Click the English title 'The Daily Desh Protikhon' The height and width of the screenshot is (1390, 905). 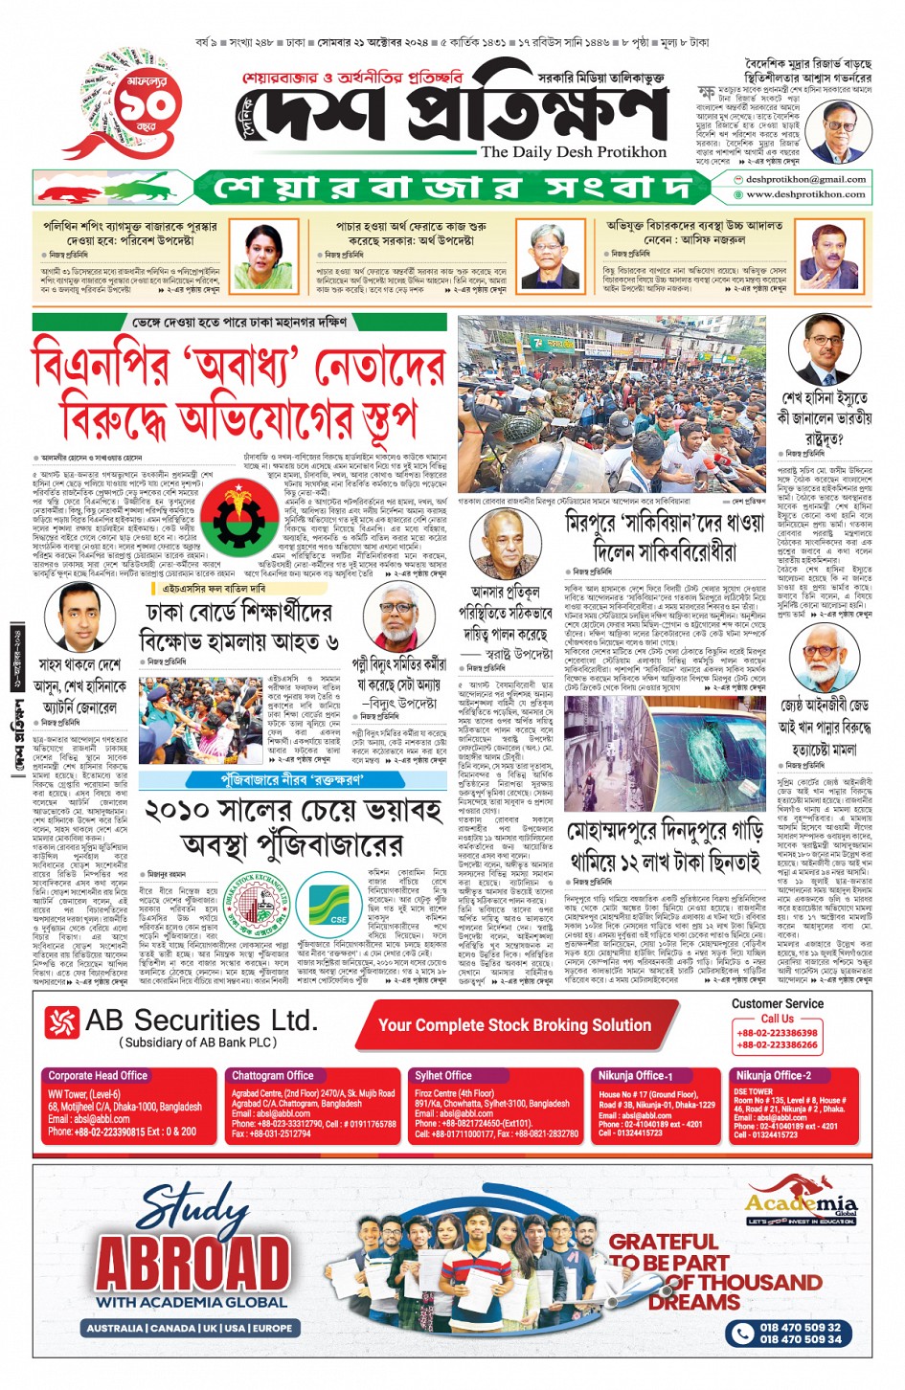coord(574,152)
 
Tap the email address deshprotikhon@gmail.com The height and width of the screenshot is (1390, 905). coord(805,179)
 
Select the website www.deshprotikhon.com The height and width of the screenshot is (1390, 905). coord(805,194)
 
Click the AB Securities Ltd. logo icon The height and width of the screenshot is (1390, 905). coord(61,1023)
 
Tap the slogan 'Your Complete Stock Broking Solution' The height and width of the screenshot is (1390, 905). coord(514,1025)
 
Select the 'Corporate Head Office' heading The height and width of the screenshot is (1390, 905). coord(98,1075)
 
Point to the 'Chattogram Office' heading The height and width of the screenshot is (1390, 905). coord(272,1075)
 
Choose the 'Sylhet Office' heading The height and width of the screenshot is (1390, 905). coord(442,1075)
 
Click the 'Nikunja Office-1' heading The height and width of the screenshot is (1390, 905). coord(635,1075)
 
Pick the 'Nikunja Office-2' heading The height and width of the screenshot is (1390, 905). coord(773,1075)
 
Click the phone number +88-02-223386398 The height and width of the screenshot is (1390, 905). coord(777,1033)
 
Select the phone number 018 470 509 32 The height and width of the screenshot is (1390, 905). coord(800,1327)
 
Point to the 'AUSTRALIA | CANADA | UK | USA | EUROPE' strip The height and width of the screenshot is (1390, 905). coord(189,1328)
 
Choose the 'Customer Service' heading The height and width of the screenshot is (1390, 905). coord(777,1003)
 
